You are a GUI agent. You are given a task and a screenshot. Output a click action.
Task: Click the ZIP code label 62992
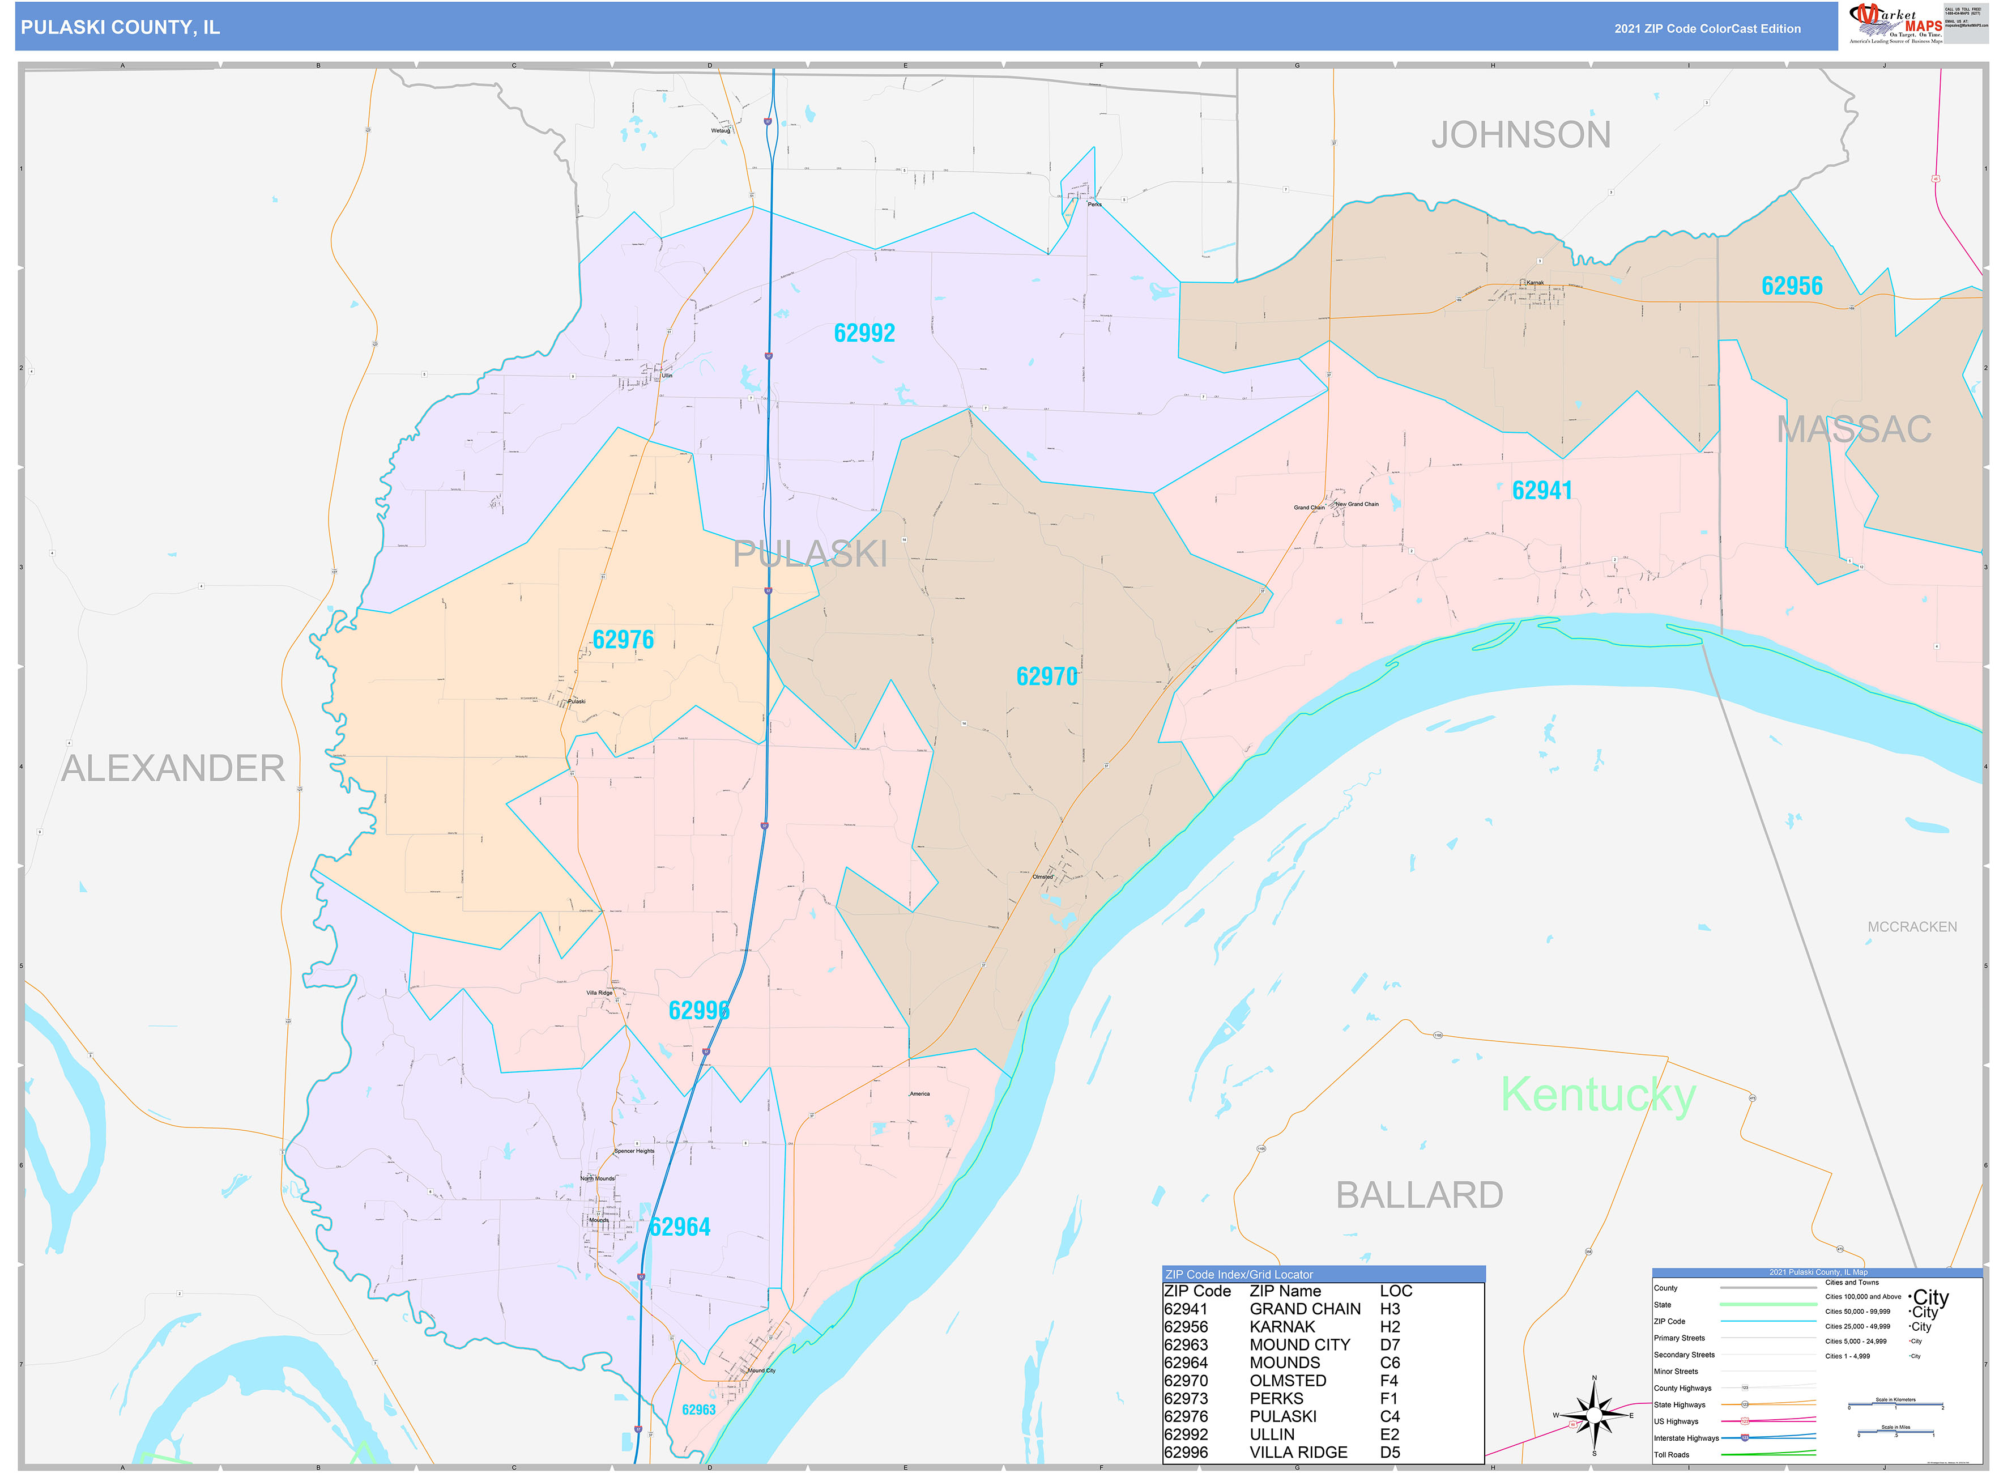[x=864, y=334]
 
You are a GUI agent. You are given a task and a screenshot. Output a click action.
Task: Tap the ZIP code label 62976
[x=623, y=640]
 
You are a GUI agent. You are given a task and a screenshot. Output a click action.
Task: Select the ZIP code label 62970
[x=1047, y=677]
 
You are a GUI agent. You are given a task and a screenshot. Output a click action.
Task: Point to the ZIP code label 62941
[x=1542, y=491]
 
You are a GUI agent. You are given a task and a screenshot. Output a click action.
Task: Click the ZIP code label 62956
[x=1791, y=286]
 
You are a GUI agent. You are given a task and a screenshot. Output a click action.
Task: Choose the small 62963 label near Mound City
[x=698, y=1410]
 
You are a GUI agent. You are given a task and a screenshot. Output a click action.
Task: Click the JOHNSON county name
[x=1520, y=135]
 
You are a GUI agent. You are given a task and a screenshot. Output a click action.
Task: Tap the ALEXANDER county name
[x=173, y=769]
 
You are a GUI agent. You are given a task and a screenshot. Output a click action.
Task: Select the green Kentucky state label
[x=1598, y=1095]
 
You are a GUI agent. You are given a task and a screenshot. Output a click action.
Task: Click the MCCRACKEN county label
[x=1912, y=927]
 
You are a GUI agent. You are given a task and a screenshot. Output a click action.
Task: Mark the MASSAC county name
[x=1853, y=430]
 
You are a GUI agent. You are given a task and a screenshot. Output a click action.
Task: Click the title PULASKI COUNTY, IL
[x=120, y=28]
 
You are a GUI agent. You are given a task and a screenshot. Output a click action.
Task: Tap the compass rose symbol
[x=1594, y=1416]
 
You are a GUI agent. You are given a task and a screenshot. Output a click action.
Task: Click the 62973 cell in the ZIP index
[x=1186, y=1399]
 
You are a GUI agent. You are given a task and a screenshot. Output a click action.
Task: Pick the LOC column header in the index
[x=1395, y=1291]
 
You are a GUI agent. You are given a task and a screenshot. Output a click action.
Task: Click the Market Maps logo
[x=1895, y=24]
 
